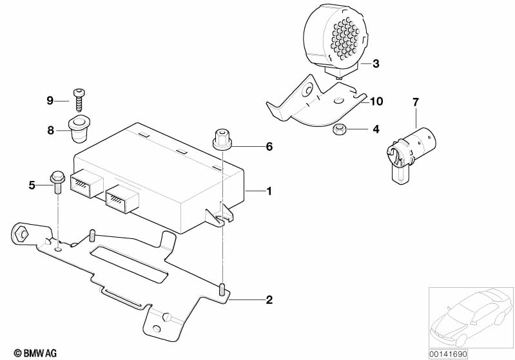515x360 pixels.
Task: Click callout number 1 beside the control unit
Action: pyautogui.click(x=269, y=191)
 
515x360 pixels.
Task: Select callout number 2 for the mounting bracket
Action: pyautogui.click(x=269, y=299)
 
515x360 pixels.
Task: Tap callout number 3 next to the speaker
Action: pyautogui.click(x=376, y=63)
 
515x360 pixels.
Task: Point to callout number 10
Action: pyautogui.click(x=376, y=101)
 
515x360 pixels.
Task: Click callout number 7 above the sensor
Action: pyautogui.click(x=416, y=102)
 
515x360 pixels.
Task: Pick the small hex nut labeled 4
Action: pyautogui.click(x=338, y=129)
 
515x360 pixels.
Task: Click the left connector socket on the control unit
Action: pyautogui.click(x=86, y=184)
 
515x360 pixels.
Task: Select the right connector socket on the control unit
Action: pyautogui.click(x=122, y=198)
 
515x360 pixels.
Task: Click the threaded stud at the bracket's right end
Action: pyautogui.click(x=222, y=289)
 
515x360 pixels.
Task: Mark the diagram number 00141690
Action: pyautogui.click(x=448, y=354)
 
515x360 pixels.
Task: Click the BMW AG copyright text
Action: pyautogui.click(x=35, y=353)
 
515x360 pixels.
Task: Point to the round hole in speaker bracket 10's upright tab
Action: pyautogui.click(x=308, y=90)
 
